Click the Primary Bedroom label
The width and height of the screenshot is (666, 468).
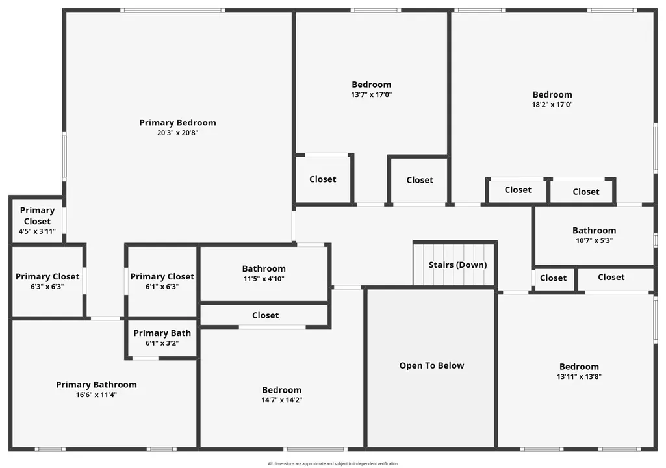tap(177, 123)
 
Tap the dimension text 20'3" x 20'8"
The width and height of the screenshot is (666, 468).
tap(177, 133)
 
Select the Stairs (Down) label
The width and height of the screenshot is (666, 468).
tap(457, 265)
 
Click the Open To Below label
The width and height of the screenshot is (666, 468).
tap(431, 365)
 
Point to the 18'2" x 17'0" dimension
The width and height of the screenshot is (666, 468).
tap(552, 105)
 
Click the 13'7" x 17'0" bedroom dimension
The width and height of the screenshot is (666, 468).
tap(371, 94)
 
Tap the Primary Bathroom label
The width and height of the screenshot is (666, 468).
tap(96, 385)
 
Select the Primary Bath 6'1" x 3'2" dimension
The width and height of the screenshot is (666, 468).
tap(162, 343)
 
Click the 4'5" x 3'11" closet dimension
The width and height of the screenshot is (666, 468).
tap(37, 231)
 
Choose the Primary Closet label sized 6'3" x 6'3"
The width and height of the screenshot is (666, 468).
tap(47, 277)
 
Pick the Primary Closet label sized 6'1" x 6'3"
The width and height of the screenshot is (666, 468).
tap(162, 277)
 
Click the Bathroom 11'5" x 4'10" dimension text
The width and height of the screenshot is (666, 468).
tap(264, 279)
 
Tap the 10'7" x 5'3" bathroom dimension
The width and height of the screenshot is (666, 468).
tap(595, 240)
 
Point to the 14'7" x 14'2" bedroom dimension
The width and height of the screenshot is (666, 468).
tap(281, 400)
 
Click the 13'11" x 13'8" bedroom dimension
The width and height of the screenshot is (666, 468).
tap(579, 376)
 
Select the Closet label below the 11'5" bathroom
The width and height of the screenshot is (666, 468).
tap(266, 315)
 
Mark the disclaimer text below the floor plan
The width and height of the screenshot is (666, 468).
tap(333, 463)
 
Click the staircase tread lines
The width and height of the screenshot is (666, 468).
tap(454, 265)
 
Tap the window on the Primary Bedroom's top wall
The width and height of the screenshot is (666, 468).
tap(172, 10)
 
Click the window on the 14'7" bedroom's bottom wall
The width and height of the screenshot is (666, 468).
tap(316, 449)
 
